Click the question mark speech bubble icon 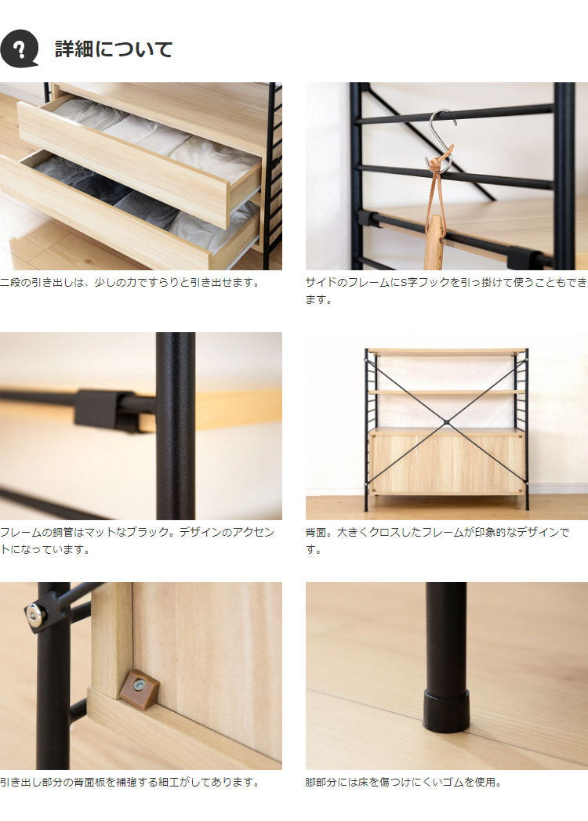(x=20, y=48)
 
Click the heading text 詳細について (x=114, y=49)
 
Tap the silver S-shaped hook (x=441, y=140)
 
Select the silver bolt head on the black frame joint (x=35, y=616)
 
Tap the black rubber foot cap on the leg (x=446, y=710)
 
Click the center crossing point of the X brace (x=446, y=422)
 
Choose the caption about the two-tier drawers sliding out (x=130, y=283)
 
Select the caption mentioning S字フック (x=446, y=291)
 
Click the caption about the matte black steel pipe (x=137, y=541)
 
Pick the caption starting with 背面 (x=437, y=541)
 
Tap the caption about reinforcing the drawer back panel (x=130, y=783)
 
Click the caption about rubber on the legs (x=404, y=783)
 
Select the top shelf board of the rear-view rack (x=446, y=352)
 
